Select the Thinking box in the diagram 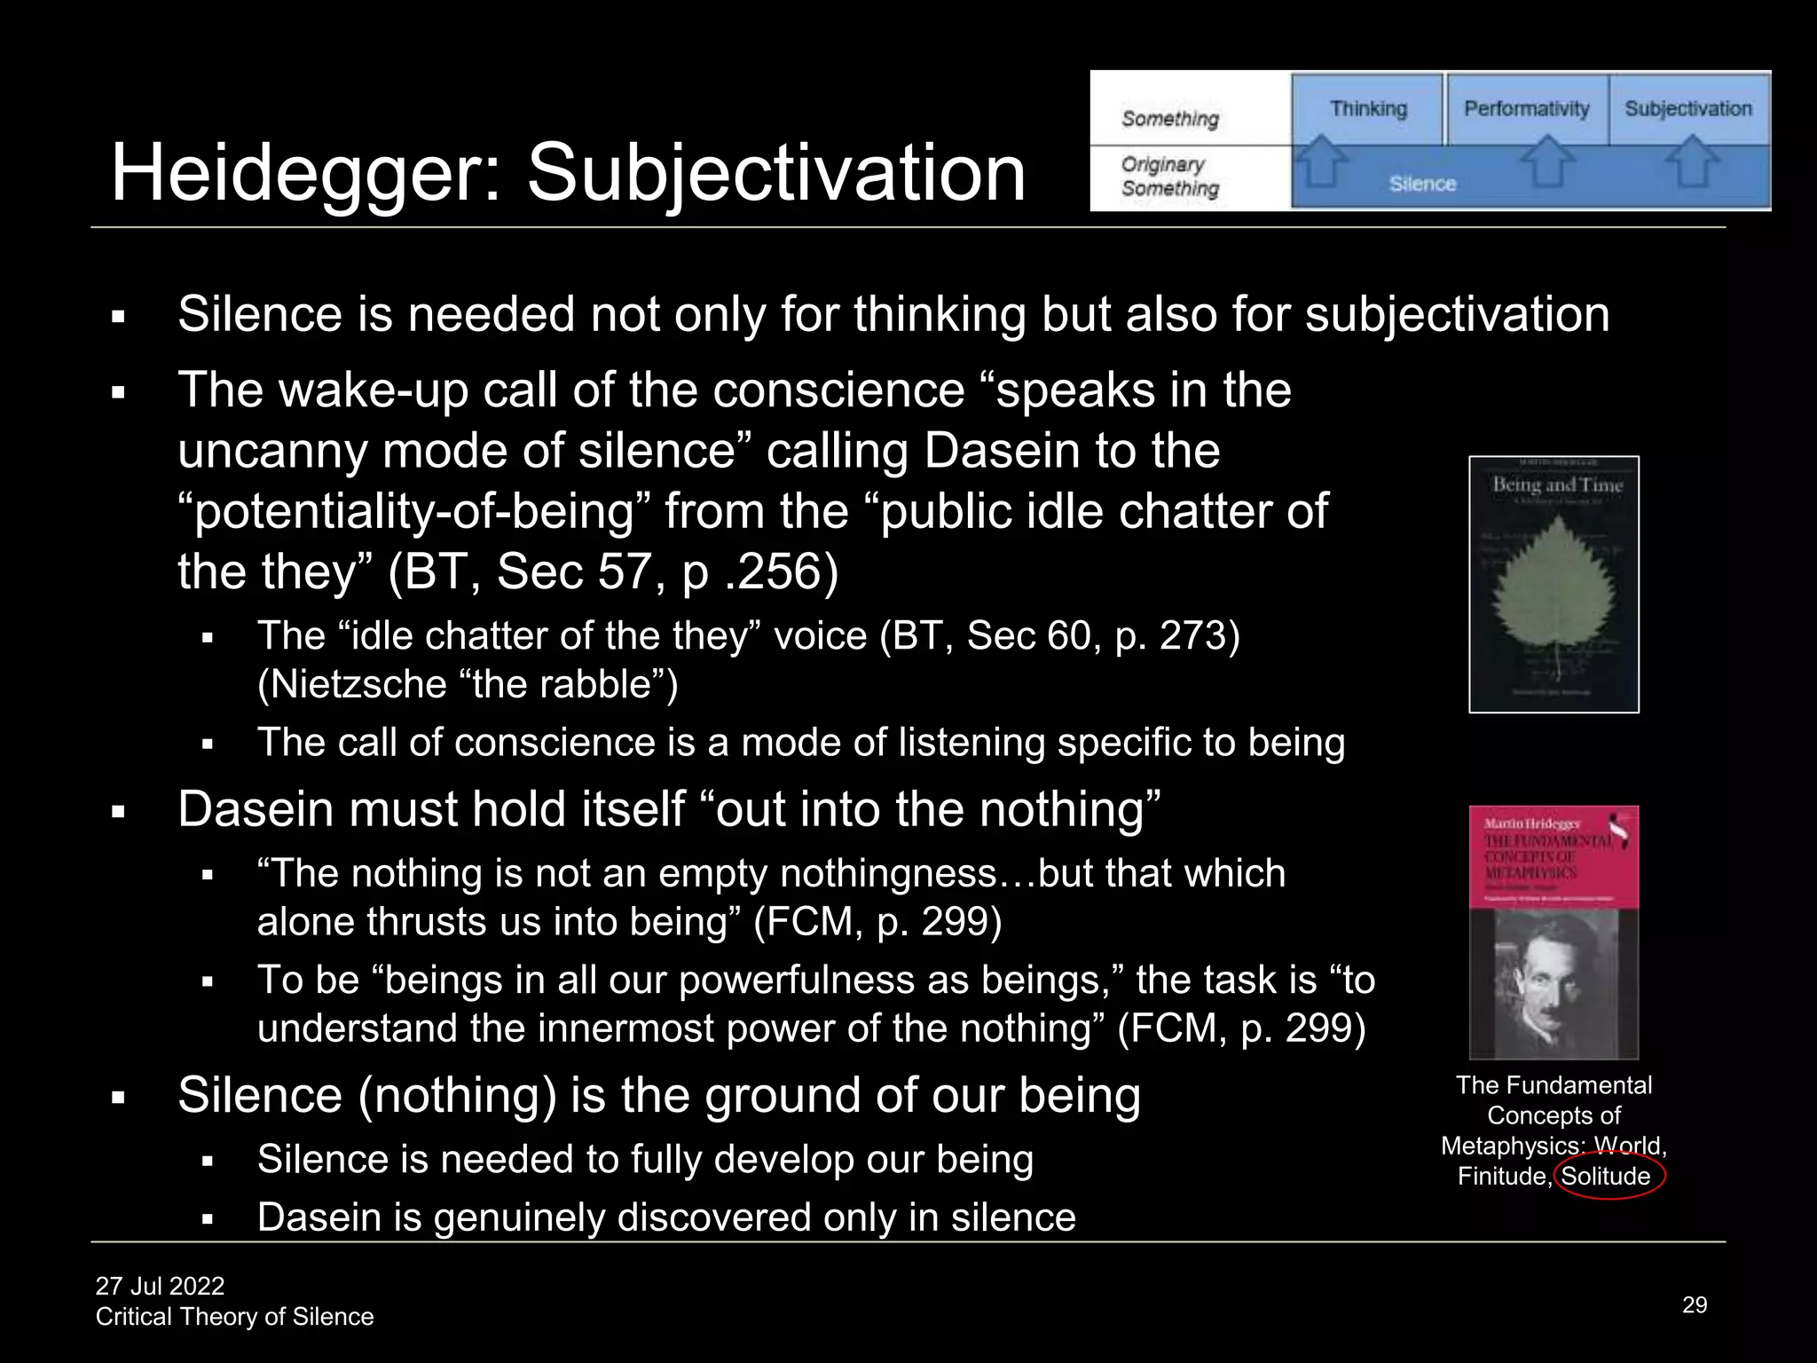point(1368,109)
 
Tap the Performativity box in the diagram point(1526,109)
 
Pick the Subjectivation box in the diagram point(1687,109)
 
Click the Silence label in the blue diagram point(1422,184)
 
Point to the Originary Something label point(1169,177)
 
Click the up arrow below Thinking point(1321,161)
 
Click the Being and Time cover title point(1557,485)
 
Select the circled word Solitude point(1606,1177)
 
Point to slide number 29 point(1695,1304)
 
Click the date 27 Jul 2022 point(160,1286)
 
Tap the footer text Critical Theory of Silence point(234,1317)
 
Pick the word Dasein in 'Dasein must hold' point(249,809)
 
